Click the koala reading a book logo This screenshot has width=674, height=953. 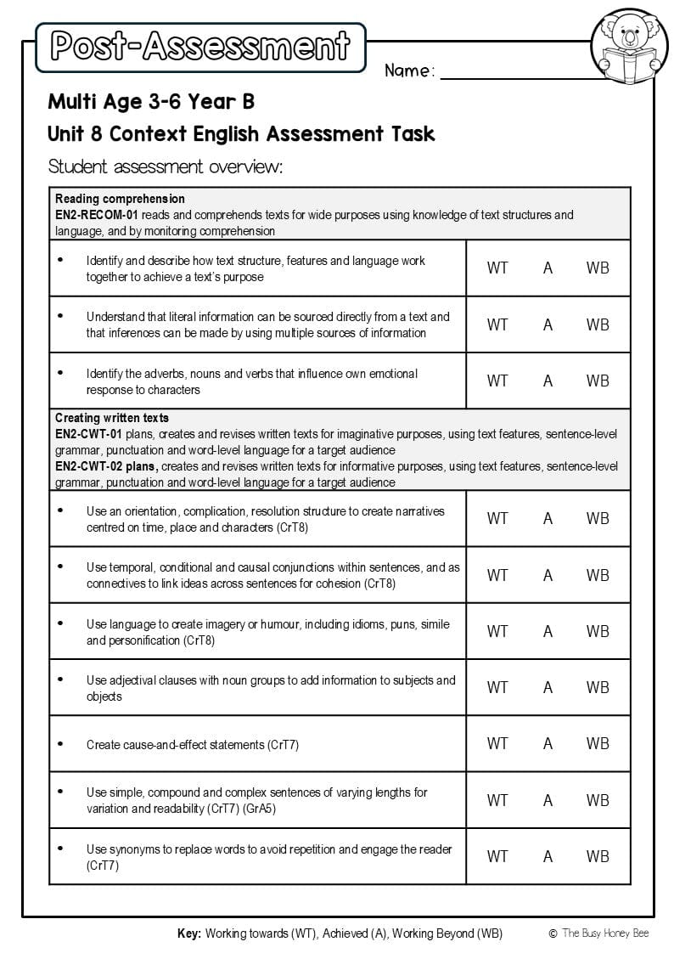click(629, 48)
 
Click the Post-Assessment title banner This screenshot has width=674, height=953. click(200, 47)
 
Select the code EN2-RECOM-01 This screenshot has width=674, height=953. click(97, 215)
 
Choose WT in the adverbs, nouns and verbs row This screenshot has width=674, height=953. click(497, 381)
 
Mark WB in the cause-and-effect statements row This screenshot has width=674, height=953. click(598, 743)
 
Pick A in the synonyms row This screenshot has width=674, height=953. click(548, 856)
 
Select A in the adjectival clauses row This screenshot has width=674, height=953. click(548, 687)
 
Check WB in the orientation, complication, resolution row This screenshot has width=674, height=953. click(598, 518)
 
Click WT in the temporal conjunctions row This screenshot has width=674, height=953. click(497, 575)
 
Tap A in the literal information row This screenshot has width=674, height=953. click(548, 324)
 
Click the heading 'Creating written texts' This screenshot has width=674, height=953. click(112, 418)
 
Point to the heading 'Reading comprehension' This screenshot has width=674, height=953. click(120, 199)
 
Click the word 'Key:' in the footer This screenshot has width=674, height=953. click(189, 933)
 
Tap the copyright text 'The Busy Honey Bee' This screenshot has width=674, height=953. click(605, 933)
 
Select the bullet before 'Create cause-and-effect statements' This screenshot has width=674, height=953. click(60, 743)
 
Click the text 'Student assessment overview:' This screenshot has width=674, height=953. click(165, 166)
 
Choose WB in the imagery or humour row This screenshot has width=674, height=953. click(598, 631)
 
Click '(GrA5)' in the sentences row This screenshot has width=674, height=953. click(259, 809)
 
